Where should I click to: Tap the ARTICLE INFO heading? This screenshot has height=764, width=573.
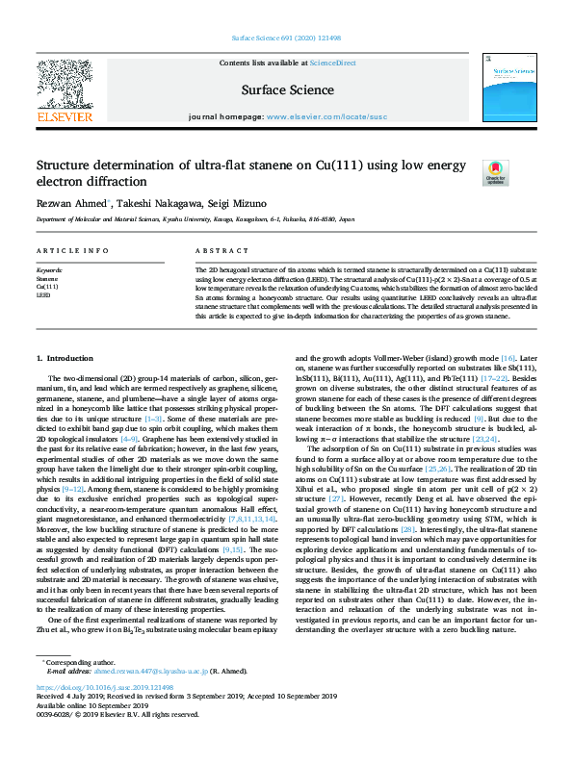(72, 250)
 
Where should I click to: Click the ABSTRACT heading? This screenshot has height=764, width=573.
(215, 250)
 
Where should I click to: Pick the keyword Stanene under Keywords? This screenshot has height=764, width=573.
(45, 279)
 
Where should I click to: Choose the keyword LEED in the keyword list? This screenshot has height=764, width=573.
(42, 295)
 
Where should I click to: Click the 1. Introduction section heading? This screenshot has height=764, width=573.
(71, 358)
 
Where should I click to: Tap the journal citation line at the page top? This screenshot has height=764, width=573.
(286, 38)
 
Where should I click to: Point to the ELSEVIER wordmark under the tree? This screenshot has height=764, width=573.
(64, 117)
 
